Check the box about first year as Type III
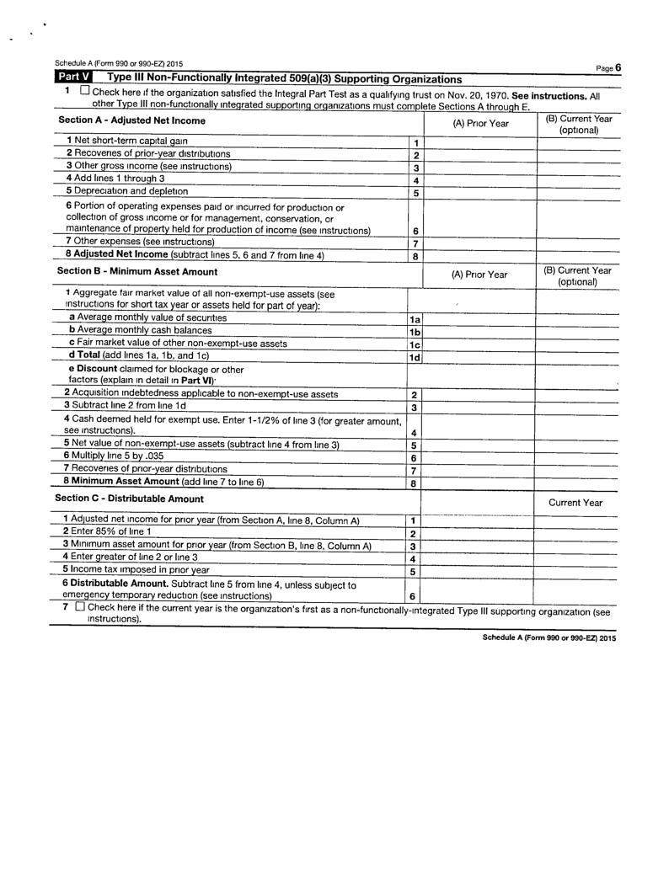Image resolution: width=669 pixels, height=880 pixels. point(78,606)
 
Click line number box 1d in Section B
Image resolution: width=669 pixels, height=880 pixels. point(415,357)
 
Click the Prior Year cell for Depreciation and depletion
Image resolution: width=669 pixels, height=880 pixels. point(478,193)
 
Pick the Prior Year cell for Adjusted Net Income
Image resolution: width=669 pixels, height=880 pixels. point(478,256)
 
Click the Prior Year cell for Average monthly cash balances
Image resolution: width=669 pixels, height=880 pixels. point(478,332)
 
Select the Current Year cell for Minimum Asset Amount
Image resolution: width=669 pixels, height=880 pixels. point(577,483)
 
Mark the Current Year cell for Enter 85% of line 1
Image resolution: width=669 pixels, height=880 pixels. point(577,534)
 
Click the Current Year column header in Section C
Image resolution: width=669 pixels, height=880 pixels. point(575,502)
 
